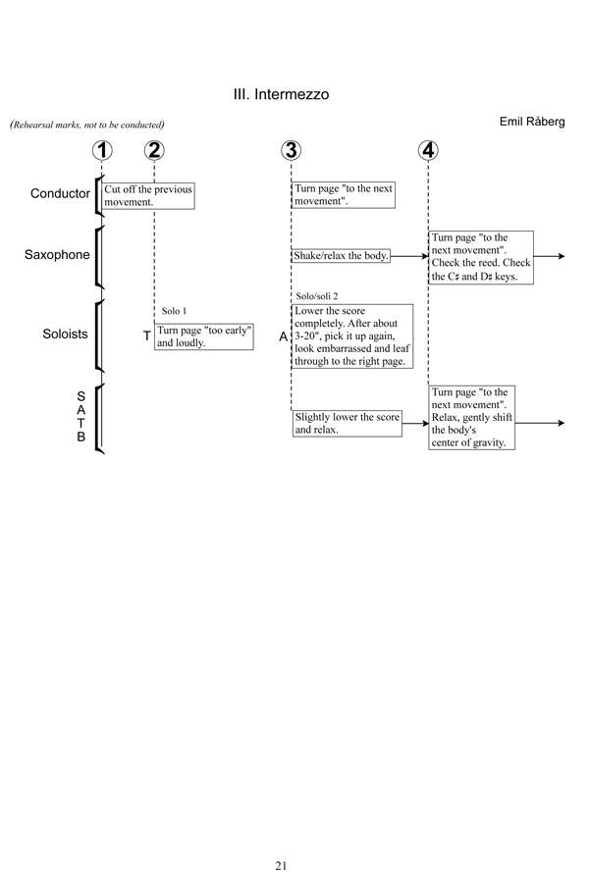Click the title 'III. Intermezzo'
pos(281,95)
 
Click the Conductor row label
pos(60,193)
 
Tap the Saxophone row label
pos(57,255)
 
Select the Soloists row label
pos(65,335)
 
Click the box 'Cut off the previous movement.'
pos(148,194)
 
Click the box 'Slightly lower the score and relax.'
pos(347,423)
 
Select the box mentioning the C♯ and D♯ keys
pos(481,257)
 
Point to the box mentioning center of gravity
pos(472,417)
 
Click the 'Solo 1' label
pos(174,311)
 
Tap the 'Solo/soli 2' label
pos(316,295)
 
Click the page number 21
pos(281,838)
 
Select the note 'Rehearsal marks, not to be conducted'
pos(86,125)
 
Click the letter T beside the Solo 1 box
pos(146,336)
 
